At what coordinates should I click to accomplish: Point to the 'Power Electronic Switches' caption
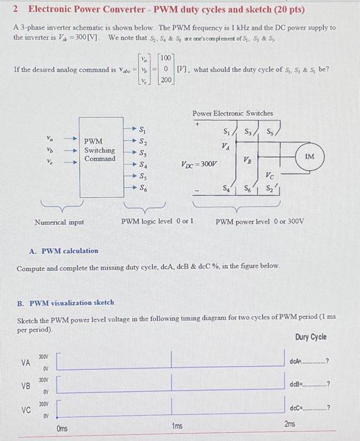pos(232,113)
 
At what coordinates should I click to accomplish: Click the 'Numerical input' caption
pos(60,222)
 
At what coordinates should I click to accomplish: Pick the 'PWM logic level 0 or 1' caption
pos(157,222)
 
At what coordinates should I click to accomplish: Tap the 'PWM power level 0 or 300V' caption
pos(259,222)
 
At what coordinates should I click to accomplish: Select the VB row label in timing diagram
pos(26,386)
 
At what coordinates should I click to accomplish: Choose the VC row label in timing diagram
pos(26,409)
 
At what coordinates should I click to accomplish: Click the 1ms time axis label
pos(177,427)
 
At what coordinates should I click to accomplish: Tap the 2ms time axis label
pos(290,425)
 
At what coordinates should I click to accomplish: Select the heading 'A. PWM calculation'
pos(64,251)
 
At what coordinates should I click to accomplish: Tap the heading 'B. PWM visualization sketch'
pos(65,302)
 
